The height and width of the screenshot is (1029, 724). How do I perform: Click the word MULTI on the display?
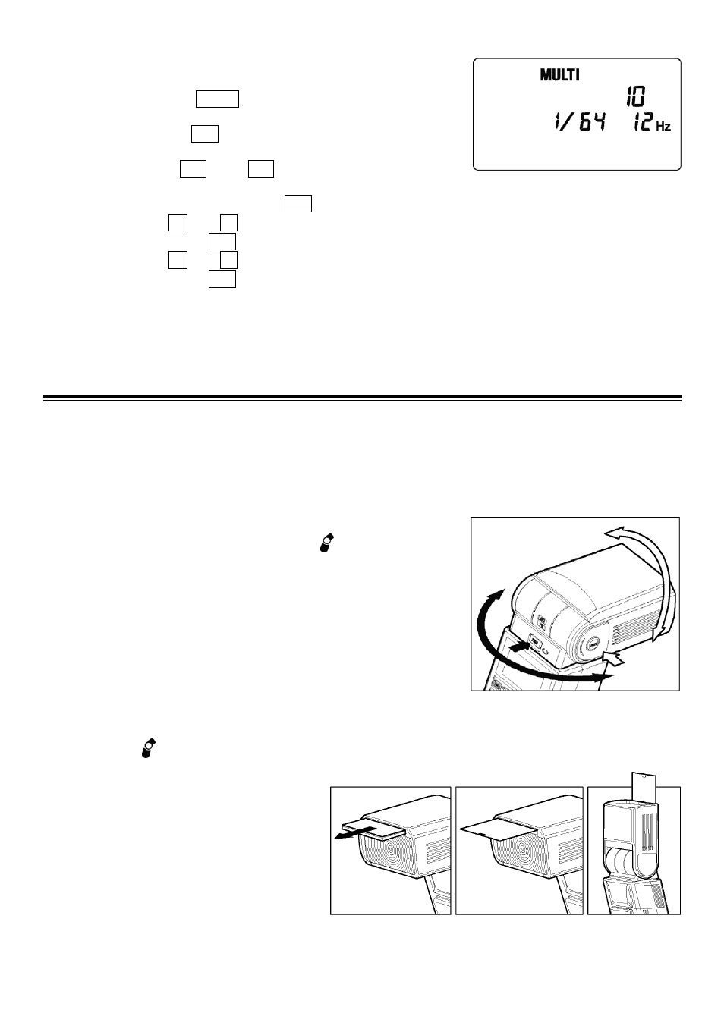tap(559, 75)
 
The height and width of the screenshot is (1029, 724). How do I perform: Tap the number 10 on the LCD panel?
tap(635, 96)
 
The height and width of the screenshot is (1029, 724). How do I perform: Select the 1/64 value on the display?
tap(579, 123)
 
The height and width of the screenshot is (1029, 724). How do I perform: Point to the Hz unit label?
tap(663, 126)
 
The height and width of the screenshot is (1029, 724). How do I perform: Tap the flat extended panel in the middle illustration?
tap(497, 831)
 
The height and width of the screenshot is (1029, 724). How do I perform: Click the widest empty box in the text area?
tap(217, 99)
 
